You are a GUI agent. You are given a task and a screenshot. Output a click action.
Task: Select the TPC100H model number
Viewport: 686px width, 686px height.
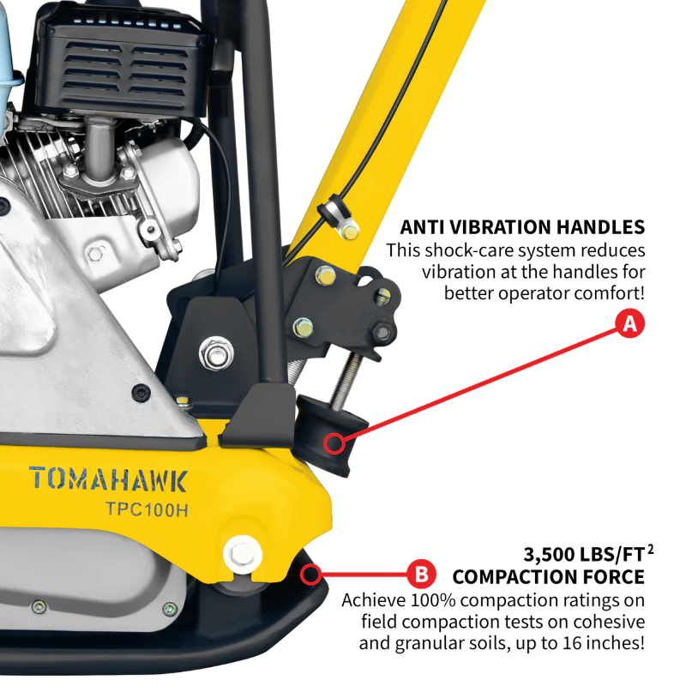147,508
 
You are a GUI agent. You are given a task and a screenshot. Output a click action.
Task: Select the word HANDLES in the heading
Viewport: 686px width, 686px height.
597,227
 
